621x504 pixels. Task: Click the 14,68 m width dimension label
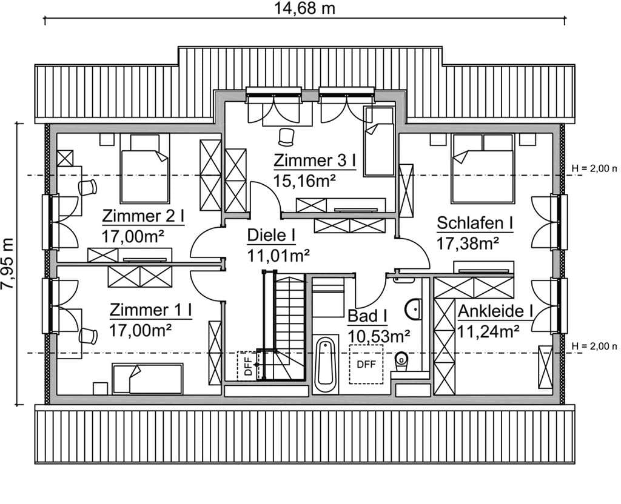point(304,8)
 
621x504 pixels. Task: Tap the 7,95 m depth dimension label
point(8,264)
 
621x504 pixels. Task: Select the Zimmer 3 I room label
point(315,161)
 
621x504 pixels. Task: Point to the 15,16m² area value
point(304,181)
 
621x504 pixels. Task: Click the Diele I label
point(271,236)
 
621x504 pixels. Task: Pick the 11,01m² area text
point(278,256)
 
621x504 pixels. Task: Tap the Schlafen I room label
point(475,223)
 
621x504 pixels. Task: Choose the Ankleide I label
point(495,311)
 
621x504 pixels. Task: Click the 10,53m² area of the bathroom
point(378,337)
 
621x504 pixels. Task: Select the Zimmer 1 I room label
point(151,310)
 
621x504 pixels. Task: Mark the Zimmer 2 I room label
point(143,216)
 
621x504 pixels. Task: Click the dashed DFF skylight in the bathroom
point(366,364)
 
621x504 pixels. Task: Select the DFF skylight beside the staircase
point(247,366)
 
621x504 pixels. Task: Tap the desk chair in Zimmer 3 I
point(286,137)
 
